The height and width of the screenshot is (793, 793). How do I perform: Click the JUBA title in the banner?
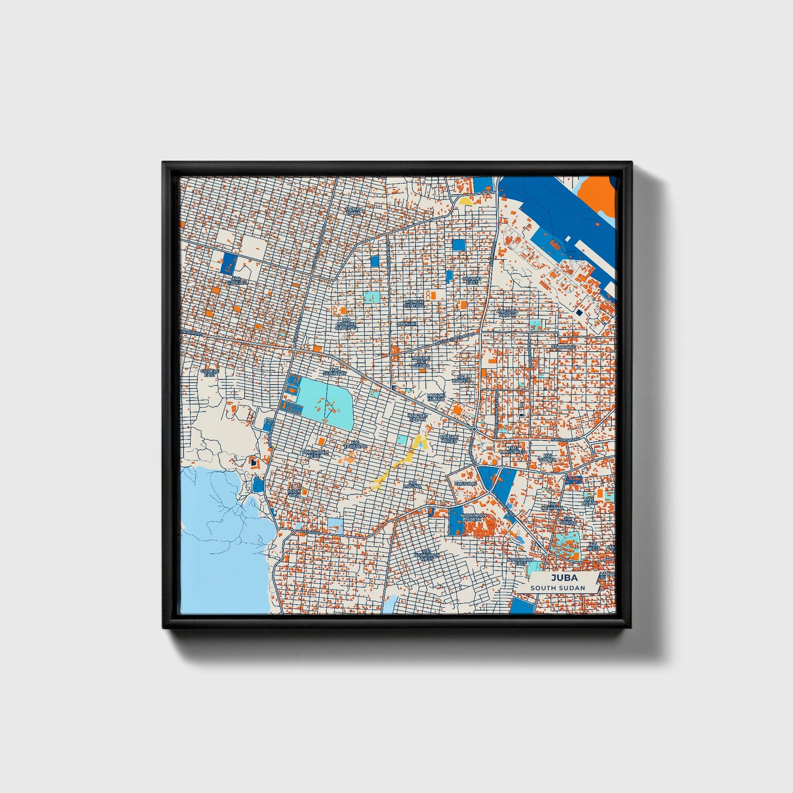click(561, 578)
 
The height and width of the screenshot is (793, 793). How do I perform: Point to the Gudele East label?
click(210, 373)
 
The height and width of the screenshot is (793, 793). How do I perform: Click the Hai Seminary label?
click(335, 372)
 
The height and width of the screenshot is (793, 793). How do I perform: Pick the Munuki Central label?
click(414, 303)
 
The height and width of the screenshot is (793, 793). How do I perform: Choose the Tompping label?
click(564, 347)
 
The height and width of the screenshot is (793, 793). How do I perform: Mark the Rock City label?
click(295, 493)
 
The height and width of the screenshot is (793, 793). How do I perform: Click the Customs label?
click(465, 484)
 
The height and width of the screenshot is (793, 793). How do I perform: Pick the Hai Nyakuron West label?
click(427, 555)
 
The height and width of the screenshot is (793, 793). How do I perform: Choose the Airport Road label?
click(565, 440)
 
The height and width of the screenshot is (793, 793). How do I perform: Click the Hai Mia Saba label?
click(355, 210)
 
